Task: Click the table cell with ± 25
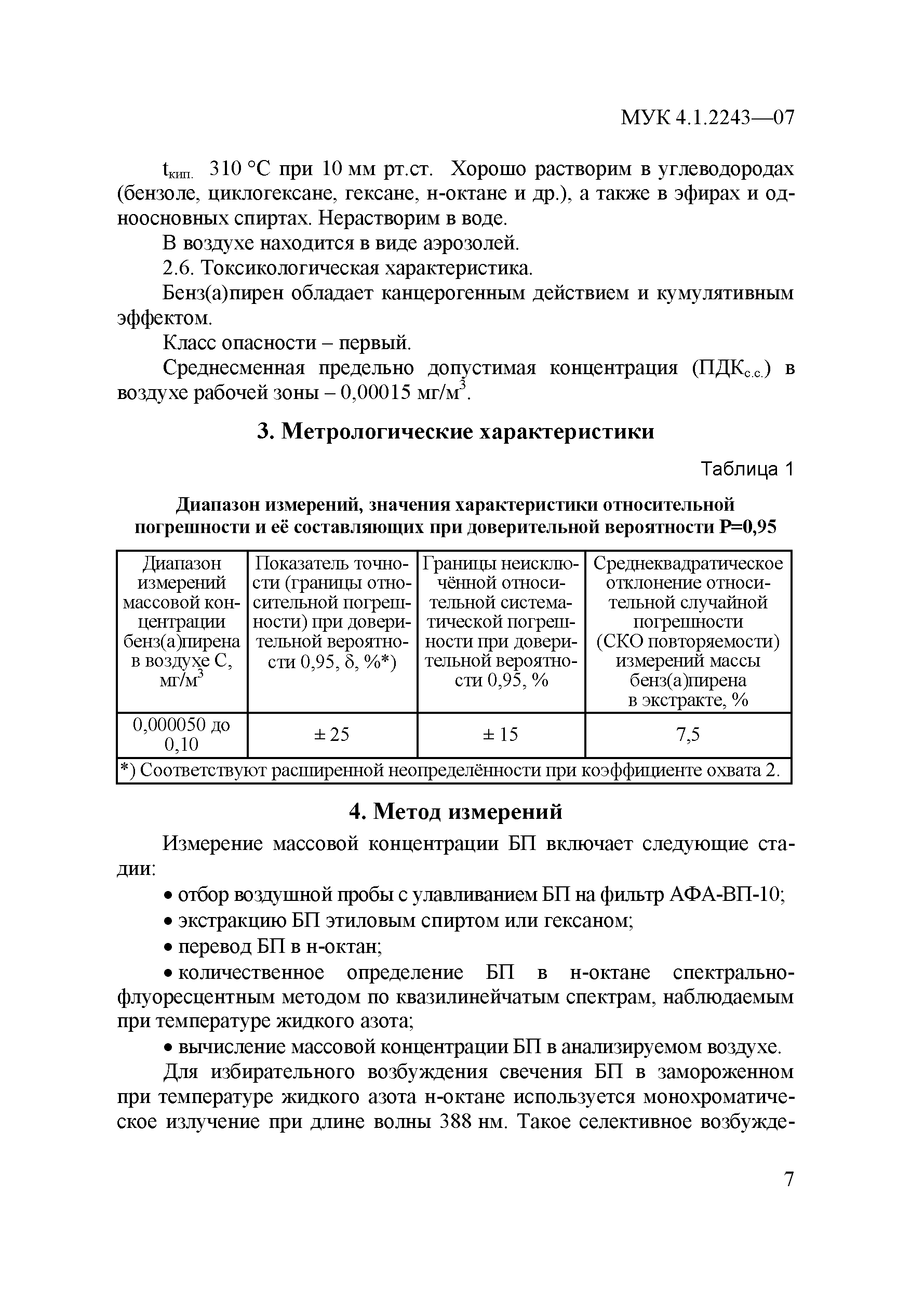(x=332, y=734)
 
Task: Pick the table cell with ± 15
(x=501, y=734)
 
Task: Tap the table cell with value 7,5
(x=688, y=734)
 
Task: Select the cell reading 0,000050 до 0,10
(x=181, y=734)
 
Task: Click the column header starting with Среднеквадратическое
(x=688, y=631)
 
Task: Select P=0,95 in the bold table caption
(x=748, y=527)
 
